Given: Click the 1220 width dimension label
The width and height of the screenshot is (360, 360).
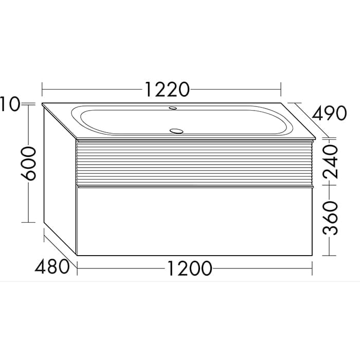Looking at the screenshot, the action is coord(167,89).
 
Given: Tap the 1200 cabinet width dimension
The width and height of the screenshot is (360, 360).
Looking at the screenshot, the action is coord(189,268).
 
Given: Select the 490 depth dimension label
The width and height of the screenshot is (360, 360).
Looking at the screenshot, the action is coord(329,113).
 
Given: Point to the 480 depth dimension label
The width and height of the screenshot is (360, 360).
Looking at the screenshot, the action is coord(52,266).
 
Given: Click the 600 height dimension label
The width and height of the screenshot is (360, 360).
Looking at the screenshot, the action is coord(29,163).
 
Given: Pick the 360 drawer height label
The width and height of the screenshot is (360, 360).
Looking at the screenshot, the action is coord(331,218).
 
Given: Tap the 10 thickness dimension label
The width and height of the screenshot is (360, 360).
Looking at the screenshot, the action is coord(10,104).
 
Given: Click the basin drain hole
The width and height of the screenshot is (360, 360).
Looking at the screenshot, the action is coord(176,131).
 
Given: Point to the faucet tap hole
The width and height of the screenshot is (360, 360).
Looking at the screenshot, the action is coord(173,107).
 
